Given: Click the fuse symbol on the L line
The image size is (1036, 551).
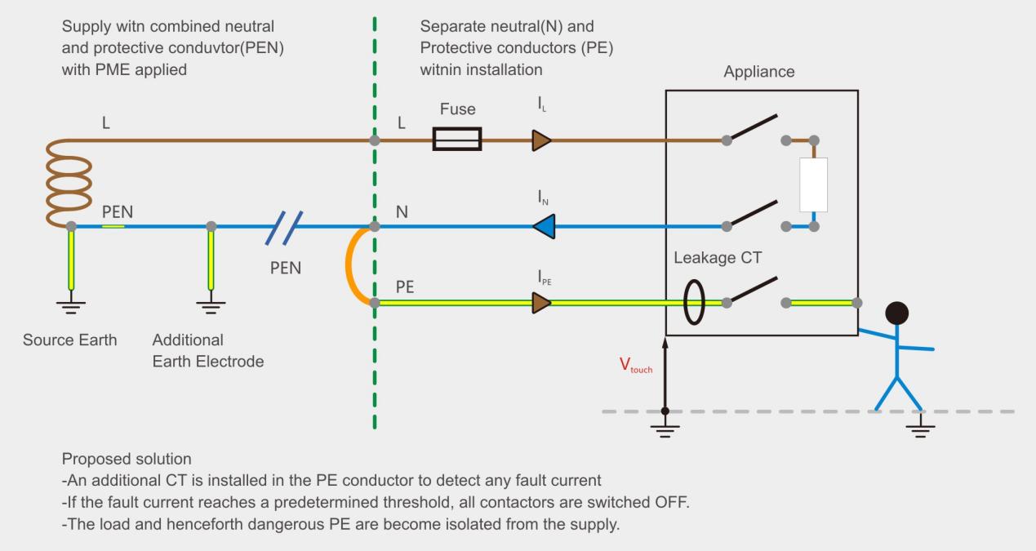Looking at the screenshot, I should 456,140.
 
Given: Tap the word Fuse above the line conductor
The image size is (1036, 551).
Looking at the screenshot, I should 456,109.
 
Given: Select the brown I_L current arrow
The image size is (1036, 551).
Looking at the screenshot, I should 541,140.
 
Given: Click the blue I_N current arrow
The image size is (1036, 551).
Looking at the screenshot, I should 543,226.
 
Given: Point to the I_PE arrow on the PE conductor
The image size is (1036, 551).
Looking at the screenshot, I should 541,303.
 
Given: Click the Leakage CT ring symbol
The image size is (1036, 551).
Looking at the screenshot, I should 693,303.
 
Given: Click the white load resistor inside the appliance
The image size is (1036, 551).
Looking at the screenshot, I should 814,184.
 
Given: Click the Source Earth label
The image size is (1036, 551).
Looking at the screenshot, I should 69,340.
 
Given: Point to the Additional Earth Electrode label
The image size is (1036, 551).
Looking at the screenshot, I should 207,350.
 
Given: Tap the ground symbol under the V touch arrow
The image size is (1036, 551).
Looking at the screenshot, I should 665,429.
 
